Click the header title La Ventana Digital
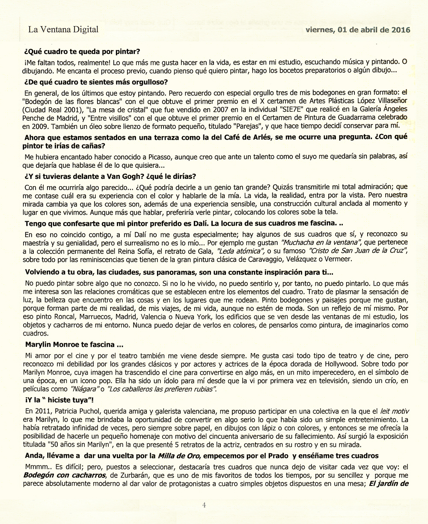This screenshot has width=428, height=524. point(63,30)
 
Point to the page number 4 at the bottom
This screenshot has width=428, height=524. point(204,505)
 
